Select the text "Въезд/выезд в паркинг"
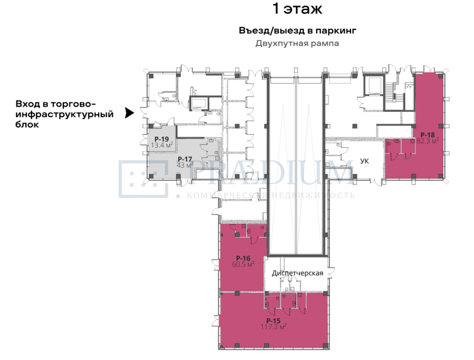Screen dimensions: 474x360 297,31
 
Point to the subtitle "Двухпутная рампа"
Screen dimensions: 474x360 297,44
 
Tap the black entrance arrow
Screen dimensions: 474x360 130,113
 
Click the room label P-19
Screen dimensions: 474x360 161,139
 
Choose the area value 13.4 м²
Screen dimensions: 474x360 162,145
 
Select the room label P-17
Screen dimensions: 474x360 185,159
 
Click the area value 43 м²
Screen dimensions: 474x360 185,165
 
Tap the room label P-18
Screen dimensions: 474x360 427,135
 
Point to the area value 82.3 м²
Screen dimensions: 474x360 427,141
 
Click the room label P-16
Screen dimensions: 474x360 243,258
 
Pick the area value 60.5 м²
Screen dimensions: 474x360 243,264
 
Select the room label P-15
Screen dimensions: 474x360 273,321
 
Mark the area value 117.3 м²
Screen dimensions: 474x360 273,327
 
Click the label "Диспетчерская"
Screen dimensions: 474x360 297,274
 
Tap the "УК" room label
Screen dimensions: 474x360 365,161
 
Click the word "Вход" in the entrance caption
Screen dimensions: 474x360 28,104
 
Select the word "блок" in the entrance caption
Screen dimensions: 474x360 27,125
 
